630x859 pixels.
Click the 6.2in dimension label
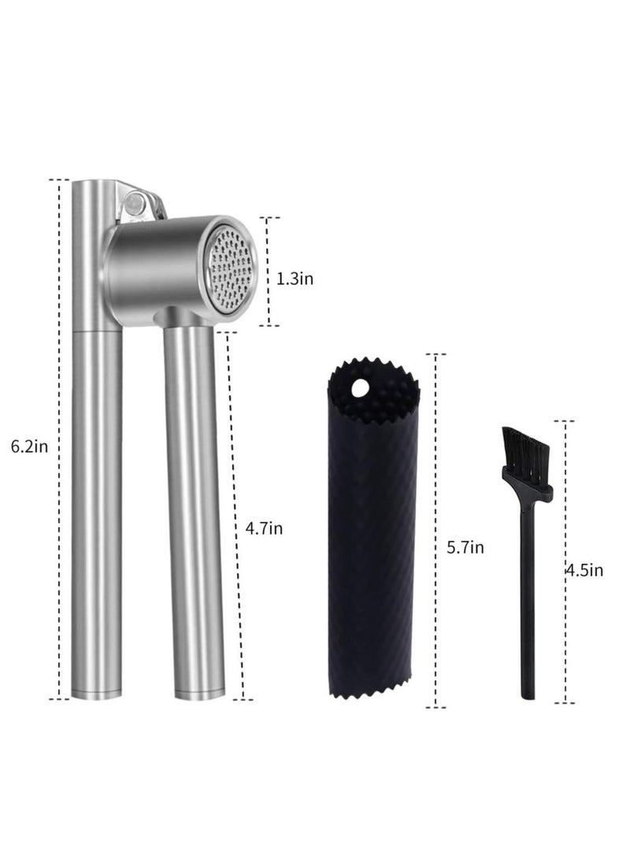click(x=30, y=446)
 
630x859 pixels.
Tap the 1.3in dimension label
click(x=295, y=279)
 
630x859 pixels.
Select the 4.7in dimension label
click(x=264, y=528)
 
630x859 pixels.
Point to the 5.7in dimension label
click(x=465, y=547)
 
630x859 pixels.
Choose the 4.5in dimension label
click(x=584, y=570)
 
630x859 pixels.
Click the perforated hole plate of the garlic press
click(x=232, y=269)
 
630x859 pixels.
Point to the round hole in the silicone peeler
click(x=359, y=389)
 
